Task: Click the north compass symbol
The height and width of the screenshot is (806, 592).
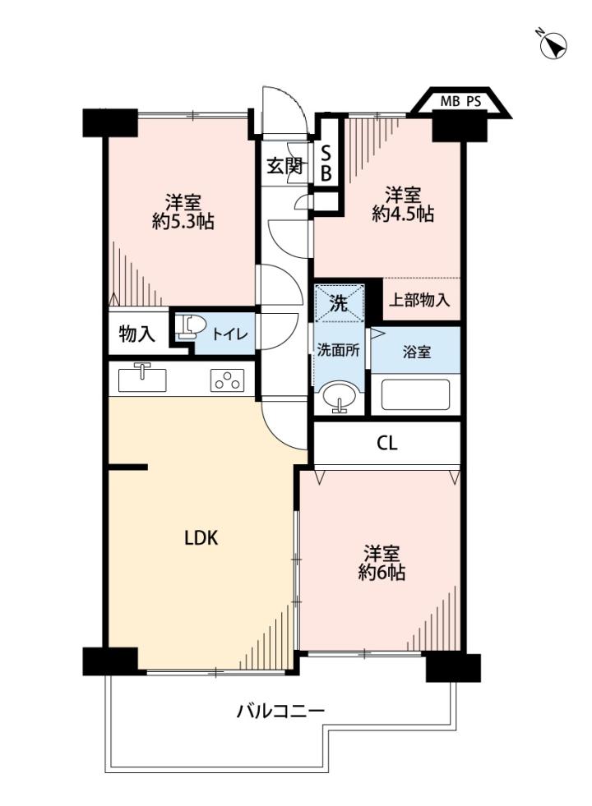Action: coord(553,44)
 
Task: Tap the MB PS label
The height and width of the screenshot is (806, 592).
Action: coord(460,101)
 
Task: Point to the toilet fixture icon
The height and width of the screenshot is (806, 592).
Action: coord(189,327)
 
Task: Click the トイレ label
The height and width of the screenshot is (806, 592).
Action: coord(230,334)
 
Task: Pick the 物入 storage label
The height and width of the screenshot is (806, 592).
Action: coord(136,334)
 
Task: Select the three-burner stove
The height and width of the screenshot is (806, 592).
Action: coord(227,381)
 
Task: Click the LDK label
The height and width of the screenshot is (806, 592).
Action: coord(201,538)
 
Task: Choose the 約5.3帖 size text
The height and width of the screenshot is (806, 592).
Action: coord(183,222)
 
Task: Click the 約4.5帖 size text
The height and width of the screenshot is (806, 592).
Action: coord(403,214)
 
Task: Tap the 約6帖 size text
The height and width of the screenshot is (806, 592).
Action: coord(382,572)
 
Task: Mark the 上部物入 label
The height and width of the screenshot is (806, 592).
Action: coord(419,300)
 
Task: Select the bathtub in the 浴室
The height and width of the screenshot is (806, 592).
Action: coord(415,394)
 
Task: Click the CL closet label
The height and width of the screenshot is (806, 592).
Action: coord(386,443)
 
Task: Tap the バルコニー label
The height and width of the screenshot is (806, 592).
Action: coord(281,712)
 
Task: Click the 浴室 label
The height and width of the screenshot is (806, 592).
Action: coord(417,352)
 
